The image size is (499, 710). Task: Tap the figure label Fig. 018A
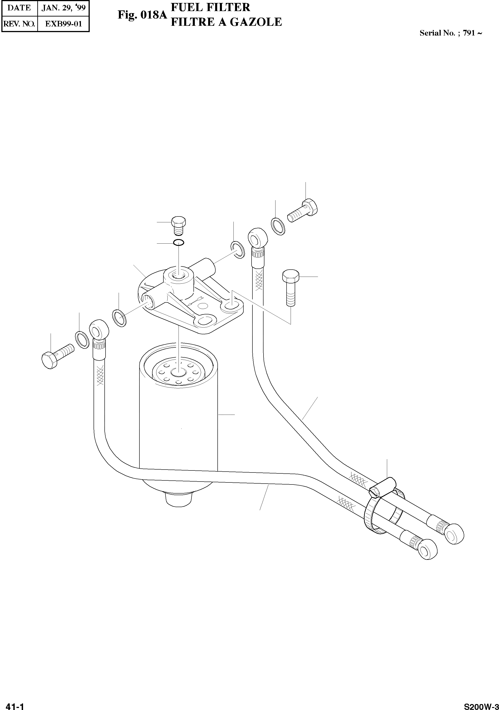coord(142,15)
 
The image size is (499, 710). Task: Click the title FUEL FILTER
coord(210,7)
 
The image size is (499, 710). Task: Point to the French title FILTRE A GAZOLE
coord(226,22)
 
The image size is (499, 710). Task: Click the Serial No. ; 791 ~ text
coord(450,33)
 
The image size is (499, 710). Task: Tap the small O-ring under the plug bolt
coord(179,243)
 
